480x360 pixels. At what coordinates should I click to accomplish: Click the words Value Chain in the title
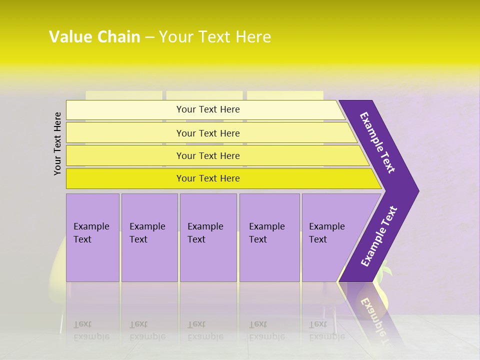94,37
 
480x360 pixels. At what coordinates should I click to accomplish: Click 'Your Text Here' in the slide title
215,37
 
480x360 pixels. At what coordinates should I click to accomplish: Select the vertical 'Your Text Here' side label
57,143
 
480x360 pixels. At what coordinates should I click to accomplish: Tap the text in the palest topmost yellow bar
208,109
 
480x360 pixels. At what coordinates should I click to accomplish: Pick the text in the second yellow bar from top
208,133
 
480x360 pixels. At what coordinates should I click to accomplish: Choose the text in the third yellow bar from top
208,156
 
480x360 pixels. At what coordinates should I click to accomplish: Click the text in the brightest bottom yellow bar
208,178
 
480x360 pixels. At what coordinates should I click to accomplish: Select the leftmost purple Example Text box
91,233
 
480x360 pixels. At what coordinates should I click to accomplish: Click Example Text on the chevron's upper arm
377,142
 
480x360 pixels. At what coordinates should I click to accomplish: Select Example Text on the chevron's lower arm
379,236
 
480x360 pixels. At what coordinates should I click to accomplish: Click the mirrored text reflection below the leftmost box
91,330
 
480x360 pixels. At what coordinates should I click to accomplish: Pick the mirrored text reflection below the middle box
205,330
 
